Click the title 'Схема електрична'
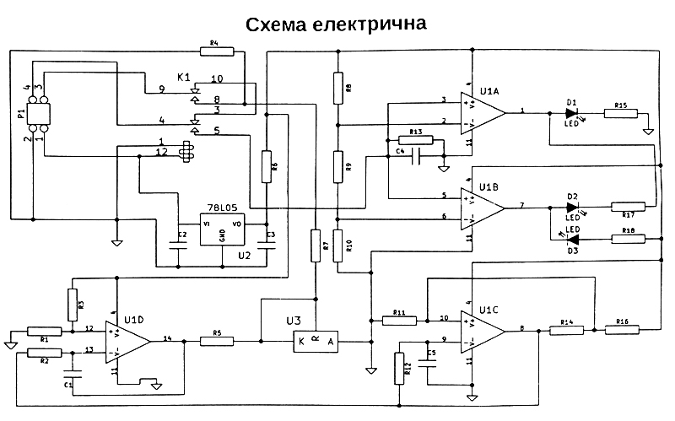337,24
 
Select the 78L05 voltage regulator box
221,229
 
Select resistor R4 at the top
213,51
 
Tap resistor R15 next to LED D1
621,112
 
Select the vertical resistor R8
337,86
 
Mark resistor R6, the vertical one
266,165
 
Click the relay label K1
184,78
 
